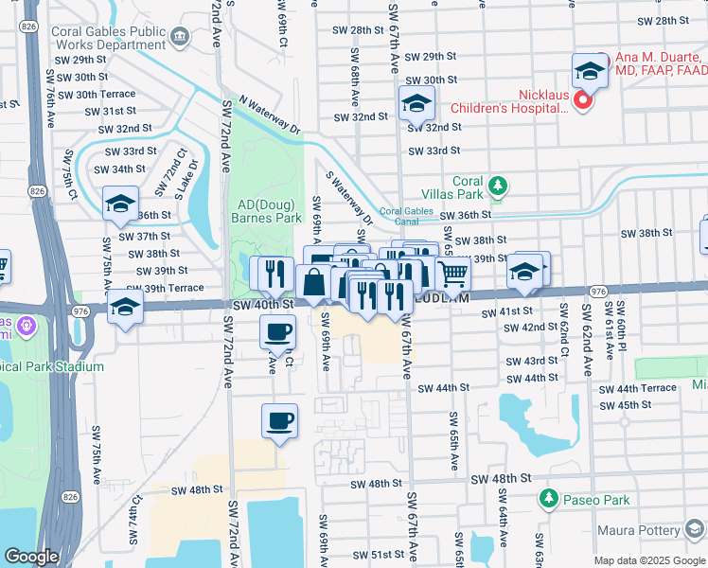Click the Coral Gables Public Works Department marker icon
click(180, 36)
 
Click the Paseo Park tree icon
click(547, 497)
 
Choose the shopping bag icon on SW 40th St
click(313, 281)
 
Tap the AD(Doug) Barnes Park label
click(265, 210)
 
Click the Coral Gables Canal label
click(412, 217)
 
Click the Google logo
click(31, 557)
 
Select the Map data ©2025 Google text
click(648, 560)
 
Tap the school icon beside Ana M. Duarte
click(590, 70)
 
